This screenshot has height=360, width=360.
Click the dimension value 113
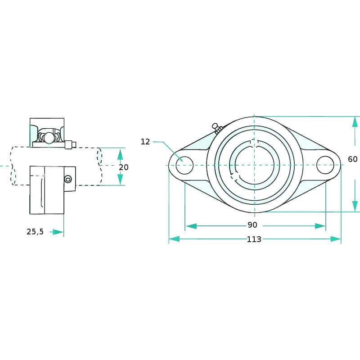pos(254,239)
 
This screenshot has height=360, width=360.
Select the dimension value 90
pos(252,225)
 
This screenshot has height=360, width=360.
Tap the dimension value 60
pos(353,159)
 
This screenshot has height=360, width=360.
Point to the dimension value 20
pos(123,167)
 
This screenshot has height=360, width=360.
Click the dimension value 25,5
pos(35,232)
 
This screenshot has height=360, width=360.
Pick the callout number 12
pos(145,142)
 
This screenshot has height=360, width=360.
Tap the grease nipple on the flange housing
pos(217,128)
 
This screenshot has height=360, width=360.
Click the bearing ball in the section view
pos(49,137)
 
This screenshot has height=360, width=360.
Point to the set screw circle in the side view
pos(68,179)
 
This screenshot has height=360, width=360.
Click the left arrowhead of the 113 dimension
pos(174,239)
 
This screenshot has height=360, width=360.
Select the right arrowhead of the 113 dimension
pos(336,239)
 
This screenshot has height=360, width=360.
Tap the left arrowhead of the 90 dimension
pos(191,226)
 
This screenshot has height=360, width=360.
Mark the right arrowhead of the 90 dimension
pos(320,226)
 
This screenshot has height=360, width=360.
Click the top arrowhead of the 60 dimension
pos(355,122)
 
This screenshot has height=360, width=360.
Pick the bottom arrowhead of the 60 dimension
pos(355,206)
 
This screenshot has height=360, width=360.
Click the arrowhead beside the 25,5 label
pos(58,232)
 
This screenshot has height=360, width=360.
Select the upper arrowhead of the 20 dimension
pos(120,154)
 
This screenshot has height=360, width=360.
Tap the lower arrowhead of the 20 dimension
pos(120,179)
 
